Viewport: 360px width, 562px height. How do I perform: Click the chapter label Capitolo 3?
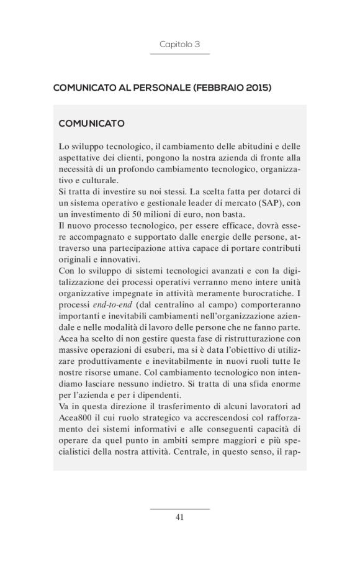(x=179, y=45)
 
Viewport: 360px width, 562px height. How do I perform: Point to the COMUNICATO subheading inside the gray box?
(x=91, y=124)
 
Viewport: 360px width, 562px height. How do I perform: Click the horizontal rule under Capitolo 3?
(x=179, y=54)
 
